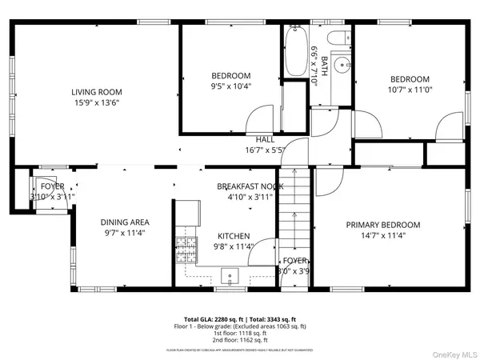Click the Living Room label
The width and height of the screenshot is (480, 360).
[x=97, y=92]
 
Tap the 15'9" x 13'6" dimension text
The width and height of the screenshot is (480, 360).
[x=97, y=102]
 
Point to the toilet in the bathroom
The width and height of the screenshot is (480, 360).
[x=337, y=38]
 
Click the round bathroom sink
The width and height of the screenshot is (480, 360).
[x=342, y=64]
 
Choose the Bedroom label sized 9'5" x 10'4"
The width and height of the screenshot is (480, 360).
[x=231, y=75]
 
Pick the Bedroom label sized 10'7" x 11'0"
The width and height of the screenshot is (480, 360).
[x=410, y=79]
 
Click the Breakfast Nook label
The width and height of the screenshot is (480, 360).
[x=250, y=186]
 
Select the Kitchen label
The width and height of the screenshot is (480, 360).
[x=234, y=237]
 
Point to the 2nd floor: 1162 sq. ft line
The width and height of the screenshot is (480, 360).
[x=239, y=340]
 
